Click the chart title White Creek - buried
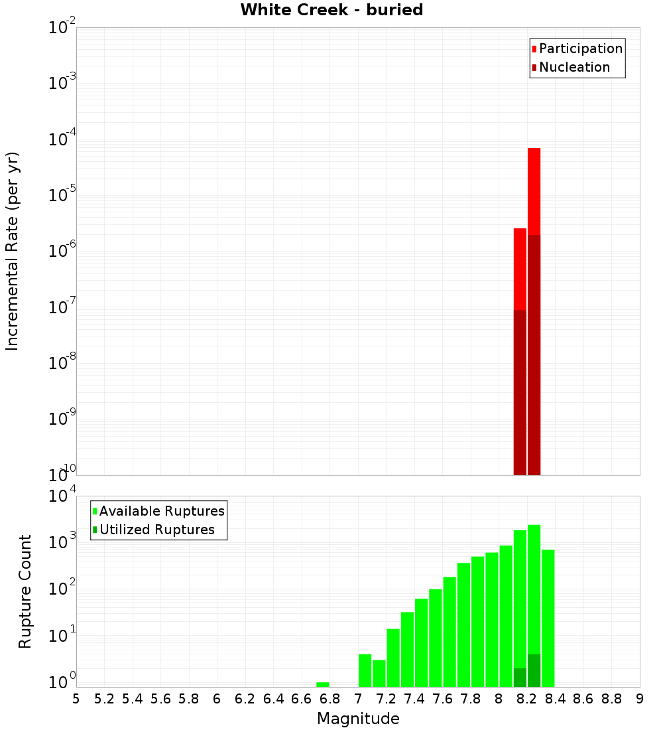click(x=331, y=10)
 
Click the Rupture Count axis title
click(x=25, y=591)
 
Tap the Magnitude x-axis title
click(x=358, y=719)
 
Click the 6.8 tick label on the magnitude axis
click(x=330, y=699)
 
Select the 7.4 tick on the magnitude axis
click(x=414, y=699)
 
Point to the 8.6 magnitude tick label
click(x=583, y=699)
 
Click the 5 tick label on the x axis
click(x=76, y=699)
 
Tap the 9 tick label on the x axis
click(x=640, y=699)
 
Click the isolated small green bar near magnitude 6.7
click(x=323, y=684)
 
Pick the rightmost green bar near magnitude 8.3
click(x=548, y=617)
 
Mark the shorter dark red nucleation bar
click(x=520, y=392)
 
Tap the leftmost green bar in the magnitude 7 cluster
click(x=365, y=670)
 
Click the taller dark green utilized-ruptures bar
click(x=534, y=670)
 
